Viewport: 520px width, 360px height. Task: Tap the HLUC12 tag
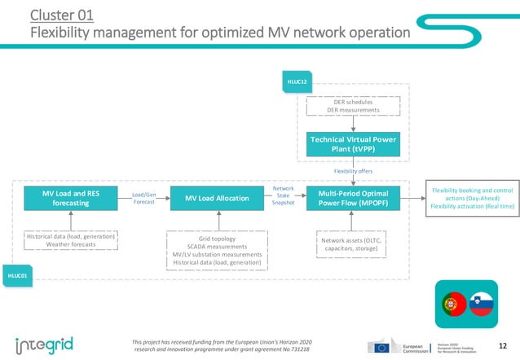click(295, 81)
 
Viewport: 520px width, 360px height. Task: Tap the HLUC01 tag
click(18, 276)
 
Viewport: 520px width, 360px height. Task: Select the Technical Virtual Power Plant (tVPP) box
click(353, 143)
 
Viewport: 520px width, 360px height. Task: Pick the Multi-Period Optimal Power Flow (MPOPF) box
click(353, 198)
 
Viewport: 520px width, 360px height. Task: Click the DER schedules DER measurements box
click(353, 106)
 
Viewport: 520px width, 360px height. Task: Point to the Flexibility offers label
click(353, 171)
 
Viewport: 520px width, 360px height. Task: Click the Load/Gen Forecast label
click(144, 198)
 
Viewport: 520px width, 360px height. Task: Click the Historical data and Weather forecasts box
click(70, 240)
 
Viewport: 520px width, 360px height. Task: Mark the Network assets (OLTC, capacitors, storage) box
click(352, 245)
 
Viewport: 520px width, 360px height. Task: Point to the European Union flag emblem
click(381, 346)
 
